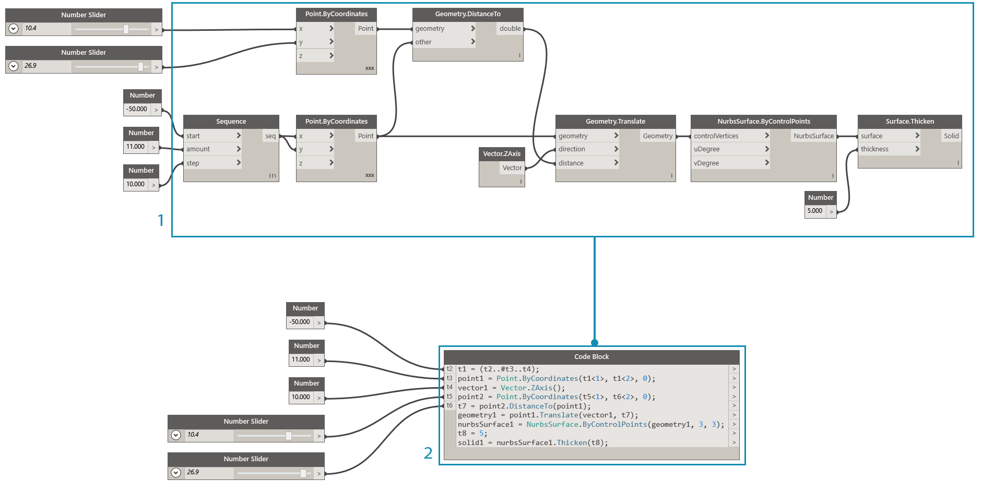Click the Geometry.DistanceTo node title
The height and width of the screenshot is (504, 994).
click(467, 14)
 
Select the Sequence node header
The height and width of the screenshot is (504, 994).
click(231, 122)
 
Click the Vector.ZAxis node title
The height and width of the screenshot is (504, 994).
click(501, 154)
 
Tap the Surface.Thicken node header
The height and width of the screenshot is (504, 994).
click(909, 122)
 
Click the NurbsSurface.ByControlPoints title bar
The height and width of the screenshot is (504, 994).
click(763, 122)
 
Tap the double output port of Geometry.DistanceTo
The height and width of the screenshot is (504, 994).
click(510, 29)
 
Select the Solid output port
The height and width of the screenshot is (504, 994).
click(951, 136)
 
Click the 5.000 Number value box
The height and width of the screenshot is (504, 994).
click(815, 211)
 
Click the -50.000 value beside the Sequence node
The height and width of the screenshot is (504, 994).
click(137, 110)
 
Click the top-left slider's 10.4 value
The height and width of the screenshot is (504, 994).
click(31, 29)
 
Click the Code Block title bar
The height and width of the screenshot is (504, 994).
click(591, 357)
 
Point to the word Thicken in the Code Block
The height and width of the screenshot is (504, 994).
click(572, 443)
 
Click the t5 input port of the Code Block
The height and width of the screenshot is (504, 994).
click(449, 397)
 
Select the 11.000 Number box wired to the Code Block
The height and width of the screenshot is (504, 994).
click(301, 360)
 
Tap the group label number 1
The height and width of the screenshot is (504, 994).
click(161, 220)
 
